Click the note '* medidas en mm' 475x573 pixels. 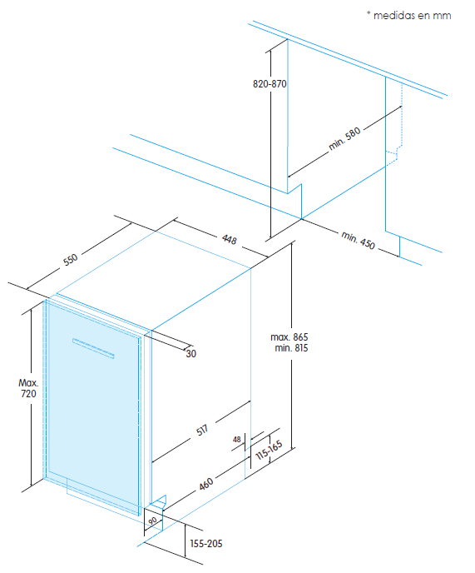(x=408, y=15)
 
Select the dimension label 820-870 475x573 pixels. (x=270, y=84)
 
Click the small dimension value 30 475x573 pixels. (x=190, y=354)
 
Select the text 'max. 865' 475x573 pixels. (x=289, y=336)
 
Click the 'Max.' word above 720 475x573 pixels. (x=29, y=383)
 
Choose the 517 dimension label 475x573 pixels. (x=202, y=431)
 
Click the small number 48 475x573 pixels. (x=237, y=439)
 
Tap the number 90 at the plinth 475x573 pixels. (x=152, y=521)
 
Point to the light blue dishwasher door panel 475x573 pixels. (x=92, y=416)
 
